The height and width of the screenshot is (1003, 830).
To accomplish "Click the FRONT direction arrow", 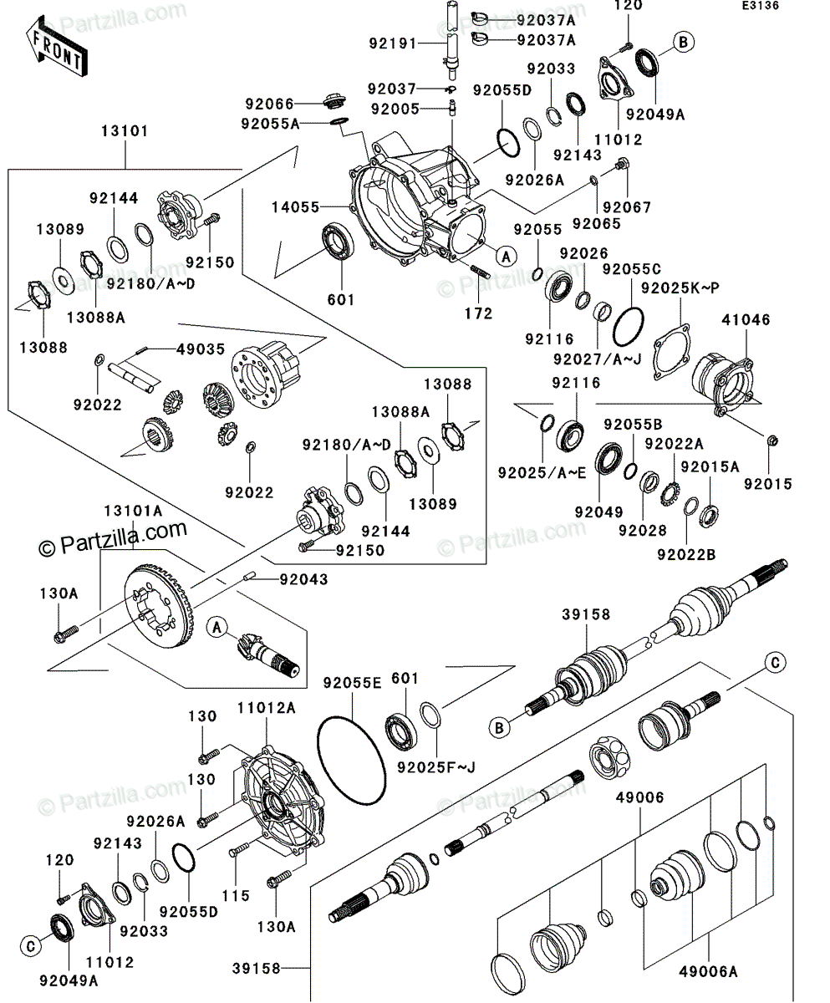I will (x=55, y=48).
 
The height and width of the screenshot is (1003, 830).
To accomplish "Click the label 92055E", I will (x=351, y=683).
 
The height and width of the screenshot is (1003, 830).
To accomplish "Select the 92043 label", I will (x=303, y=579).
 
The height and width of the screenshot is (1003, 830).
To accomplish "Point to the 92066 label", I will (x=269, y=104).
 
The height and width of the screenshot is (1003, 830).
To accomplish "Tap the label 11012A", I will (x=267, y=708).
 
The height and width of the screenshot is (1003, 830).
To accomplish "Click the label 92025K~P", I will (x=680, y=288).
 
